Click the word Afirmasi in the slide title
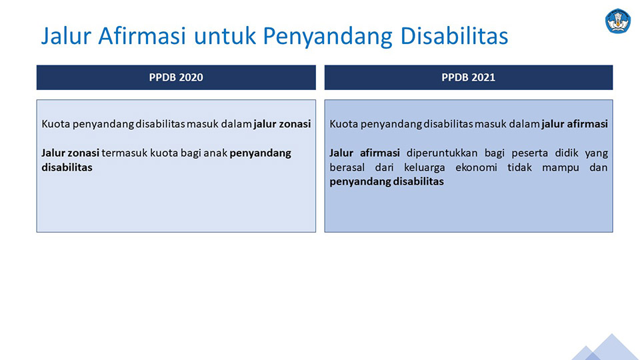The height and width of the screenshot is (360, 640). pyautogui.click(x=142, y=35)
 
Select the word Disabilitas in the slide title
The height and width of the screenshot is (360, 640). pyautogui.click(x=454, y=35)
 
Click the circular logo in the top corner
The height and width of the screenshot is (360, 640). pyautogui.click(x=618, y=21)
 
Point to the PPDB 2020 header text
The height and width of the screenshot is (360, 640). pyautogui.click(x=176, y=77)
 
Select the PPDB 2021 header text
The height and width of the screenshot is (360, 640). pyautogui.click(x=468, y=77)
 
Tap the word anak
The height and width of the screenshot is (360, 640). pyautogui.click(x=215, y=153)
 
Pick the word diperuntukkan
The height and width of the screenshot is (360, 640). pyautogui.click(x=442, y=153)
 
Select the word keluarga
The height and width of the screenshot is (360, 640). pyautogui.click(x=425, y=168)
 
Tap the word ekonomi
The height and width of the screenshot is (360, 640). pyautogui.click(x=476, y=168)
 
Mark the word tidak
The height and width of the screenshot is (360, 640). pyautogui.click(x=519, y=167)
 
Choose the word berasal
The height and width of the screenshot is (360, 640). pyautogui.click(x=347, y=167)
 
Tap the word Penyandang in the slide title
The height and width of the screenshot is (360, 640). pyautogui.click(x=327, y=37)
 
